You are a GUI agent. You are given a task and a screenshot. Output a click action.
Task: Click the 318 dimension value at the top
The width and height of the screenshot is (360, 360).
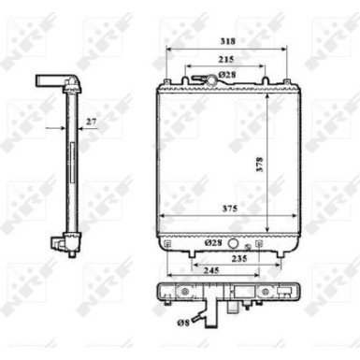[227, 41]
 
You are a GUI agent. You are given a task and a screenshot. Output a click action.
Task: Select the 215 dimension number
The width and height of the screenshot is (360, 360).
[226, 59]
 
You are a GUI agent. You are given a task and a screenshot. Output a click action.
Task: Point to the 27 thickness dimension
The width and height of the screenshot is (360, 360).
[91, 122]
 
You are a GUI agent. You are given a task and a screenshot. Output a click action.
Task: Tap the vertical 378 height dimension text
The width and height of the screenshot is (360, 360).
[260, 165]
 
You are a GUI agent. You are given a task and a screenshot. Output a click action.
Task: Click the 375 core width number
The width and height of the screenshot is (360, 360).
[230, 209]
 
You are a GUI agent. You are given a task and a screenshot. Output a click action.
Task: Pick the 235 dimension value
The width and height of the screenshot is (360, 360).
[239, 258]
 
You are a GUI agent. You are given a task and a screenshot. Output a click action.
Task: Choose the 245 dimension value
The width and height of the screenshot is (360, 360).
[211, 270]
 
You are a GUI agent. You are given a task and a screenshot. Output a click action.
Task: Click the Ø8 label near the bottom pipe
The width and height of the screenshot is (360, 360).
[183, 323]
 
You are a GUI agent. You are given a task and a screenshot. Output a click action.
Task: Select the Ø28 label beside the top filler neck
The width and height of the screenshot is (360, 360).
[227, 75]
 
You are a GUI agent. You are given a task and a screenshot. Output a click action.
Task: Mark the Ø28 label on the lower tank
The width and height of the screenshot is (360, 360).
[213, 242]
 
